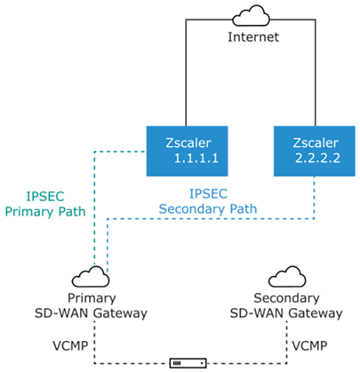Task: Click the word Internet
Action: [253, 37]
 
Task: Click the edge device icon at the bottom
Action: [190, 363]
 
